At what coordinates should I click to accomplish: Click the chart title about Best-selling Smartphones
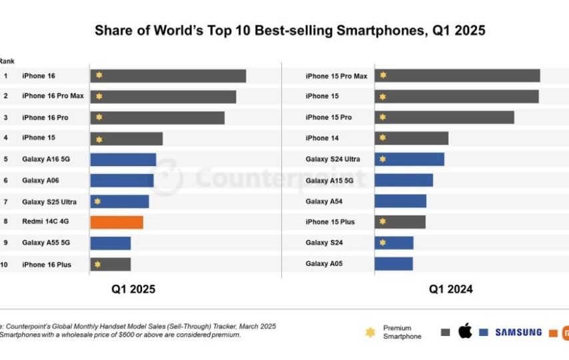pyautogui.click(x=290, y=30)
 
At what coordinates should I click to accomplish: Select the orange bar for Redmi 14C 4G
pyautogui.click(x=117, y=222)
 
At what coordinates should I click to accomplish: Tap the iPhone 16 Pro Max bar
pyautogui.click(x=163, y=97)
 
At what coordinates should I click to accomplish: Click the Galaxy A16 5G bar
pyautogui.click(x=123, y=159)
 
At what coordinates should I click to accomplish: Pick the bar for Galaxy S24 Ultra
pyautogui.click(x=409, y=159)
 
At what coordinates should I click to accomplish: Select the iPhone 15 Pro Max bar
pyautogui.click(x=457, y=75)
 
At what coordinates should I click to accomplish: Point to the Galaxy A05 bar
pyautogui.click(x=394, y=263)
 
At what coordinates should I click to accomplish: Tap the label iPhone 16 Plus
pyautogui.click(x=47, y=265)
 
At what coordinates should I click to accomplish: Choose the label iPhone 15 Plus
pyautogui.click(x=330, y=221)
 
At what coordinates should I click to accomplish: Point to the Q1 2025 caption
pyautogui.click(x=133, y=289)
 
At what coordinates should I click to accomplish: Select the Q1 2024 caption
pyautogui.click(x=451, y=289)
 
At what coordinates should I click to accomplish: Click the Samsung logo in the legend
pyautogui.click(x=518, y=332)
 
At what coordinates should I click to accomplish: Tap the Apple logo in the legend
pyautogui.click(x=464, y=331)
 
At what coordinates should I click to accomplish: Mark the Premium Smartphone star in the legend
pyautogui.click(x=370, y=332)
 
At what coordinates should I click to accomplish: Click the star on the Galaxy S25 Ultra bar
pyautogui.click(x=98, y=201)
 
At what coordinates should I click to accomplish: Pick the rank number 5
pyautogui.click(x=5, y=159)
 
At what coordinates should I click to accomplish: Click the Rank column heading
pyautogui.click(x=7, y=61)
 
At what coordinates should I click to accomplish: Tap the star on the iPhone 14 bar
pyautogui.click(x=382, y=138)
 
